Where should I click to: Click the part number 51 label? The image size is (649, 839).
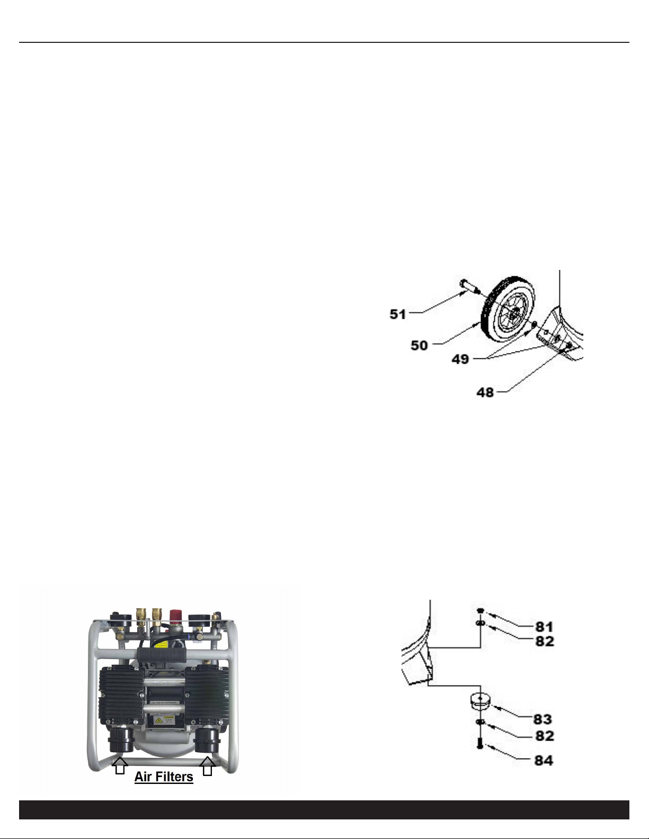[397, 314]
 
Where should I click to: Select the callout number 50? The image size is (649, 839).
[419, 345]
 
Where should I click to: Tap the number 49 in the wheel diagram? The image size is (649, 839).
[460, 359]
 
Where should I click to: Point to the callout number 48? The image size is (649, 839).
[485, 392]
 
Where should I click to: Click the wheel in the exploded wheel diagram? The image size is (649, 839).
[508, 309]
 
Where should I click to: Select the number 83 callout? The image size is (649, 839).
[543, 719]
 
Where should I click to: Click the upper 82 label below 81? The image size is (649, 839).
[545, 641]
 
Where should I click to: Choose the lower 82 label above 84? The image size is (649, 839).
[545, 736]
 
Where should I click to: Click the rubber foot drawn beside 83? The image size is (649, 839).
[481, 701]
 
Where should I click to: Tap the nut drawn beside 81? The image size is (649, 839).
[481, 610]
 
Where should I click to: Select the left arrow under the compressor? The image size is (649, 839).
[120, 765]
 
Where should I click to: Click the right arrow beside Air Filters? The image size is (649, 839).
[208, 766]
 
